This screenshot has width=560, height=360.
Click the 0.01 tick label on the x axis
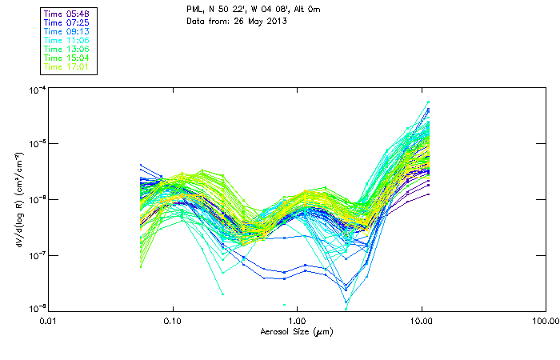pyautogui.click(x=48, y=322)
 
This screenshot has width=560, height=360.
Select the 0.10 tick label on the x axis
pyautogui.click(x=172, y=322)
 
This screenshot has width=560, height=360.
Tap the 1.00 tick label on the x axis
pyautogui.click(x=297, y=322)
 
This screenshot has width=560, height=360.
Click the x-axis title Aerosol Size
pyautogui.click(x=297, y=331)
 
